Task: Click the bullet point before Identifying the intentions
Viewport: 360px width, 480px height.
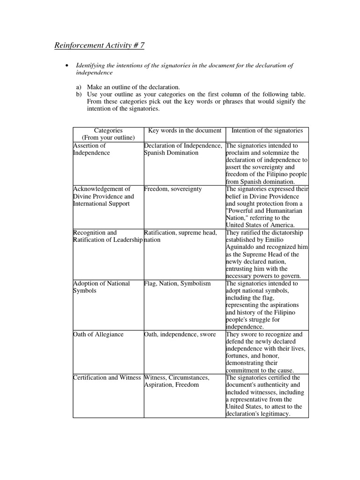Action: (x=67, y=66)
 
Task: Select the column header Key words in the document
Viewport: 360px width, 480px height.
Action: (x=184, y=130)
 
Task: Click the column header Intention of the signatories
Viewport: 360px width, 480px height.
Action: (x=267, y=130)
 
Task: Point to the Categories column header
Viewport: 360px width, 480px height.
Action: (x=108, y=134)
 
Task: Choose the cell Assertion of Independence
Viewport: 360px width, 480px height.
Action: (x=91, y=149)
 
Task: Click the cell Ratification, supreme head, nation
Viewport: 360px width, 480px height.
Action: (x=180, y=236)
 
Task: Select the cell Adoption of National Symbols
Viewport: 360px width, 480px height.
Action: (x=96, y=287)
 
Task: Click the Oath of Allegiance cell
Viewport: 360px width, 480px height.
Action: (x=98, y=334)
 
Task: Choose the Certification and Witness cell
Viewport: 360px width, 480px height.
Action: (x=107, y=377)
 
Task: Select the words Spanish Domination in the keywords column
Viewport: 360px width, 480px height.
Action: (x=171, y=153)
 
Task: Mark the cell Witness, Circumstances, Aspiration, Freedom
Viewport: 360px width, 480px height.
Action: (x=177, y=381)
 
